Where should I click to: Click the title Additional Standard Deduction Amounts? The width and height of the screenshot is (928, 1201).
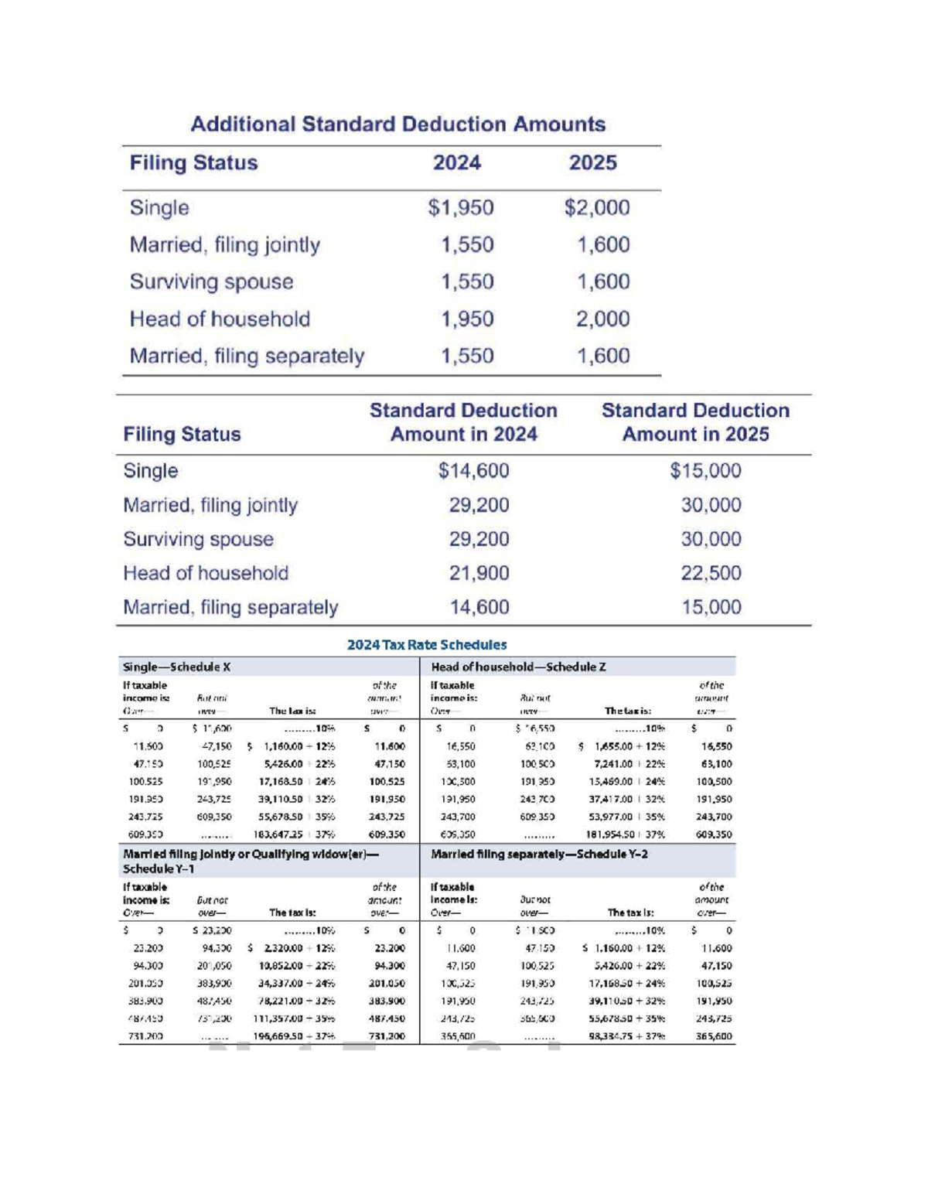point(397,125)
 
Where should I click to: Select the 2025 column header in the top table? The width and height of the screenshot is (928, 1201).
point(592,163)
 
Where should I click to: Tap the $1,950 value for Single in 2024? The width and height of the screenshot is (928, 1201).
point(461,208)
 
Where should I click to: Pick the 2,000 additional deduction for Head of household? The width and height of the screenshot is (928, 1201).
point(602,319)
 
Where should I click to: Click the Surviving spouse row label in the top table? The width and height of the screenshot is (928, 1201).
point(211,281)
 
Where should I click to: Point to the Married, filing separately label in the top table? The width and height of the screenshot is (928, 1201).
point(247,356)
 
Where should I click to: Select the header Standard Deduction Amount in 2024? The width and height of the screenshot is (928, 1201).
point(463,422)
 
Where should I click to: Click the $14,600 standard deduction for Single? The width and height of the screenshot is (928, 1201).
point(473,471)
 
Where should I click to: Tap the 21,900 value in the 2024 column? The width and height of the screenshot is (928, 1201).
point(479,573)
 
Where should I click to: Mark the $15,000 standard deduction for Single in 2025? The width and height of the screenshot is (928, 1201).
point(705,471)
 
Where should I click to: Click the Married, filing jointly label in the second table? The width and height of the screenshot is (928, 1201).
point(210,505)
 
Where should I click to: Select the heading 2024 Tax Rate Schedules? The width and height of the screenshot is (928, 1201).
point(427,645)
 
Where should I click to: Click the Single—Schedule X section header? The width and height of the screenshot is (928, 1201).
point(176,667)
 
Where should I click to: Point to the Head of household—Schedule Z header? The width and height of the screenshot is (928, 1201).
point(518,667)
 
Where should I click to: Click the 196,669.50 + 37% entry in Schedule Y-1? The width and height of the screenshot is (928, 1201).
point(294,1036)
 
